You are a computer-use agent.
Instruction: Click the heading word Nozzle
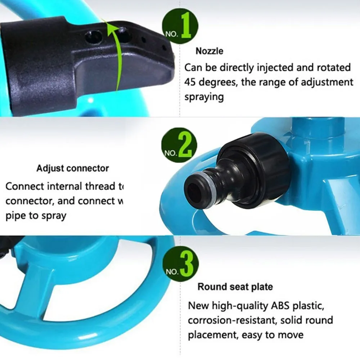pos(209,51)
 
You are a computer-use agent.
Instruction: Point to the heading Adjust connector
pos(72,168)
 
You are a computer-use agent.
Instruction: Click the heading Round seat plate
pos(235,287)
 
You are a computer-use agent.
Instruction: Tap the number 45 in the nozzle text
pos(191,82)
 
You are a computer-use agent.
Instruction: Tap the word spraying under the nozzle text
pos(204,97)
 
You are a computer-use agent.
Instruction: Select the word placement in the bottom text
pos(211,335)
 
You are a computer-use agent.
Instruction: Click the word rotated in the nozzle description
pos(333,67)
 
